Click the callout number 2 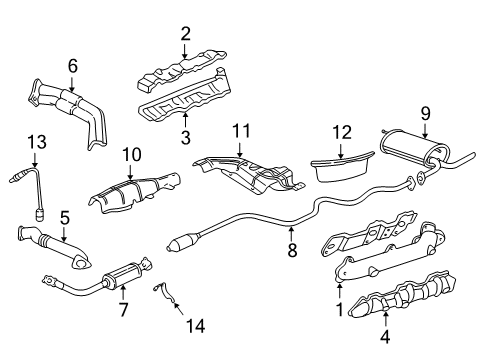click(x=185, y=34)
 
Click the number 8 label click(x=292, y=252)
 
